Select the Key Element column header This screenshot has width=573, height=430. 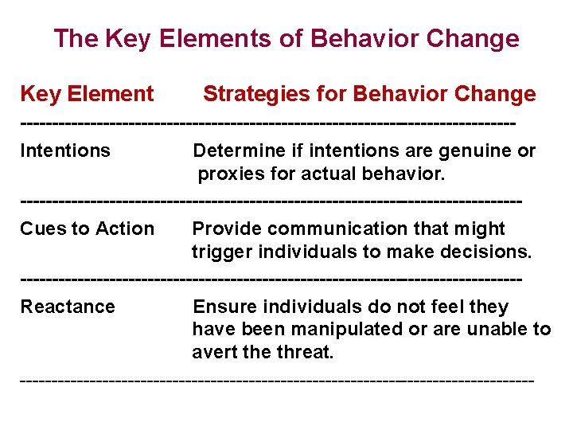[87, 94]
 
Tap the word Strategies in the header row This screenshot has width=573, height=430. [253, 94]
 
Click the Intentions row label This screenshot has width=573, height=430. [65, 150]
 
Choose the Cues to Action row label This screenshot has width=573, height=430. [87, 229]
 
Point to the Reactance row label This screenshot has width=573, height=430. [68, 307]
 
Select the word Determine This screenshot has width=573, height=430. [236, 150]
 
